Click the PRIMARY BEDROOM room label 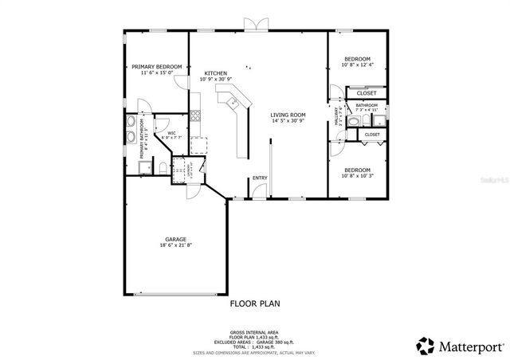coord(156,66)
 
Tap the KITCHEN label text coord(215,72)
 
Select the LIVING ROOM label coord(288,115)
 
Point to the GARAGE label coord(175,238)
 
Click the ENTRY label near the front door coord(260,178)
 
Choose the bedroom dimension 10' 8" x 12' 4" coord(357,65)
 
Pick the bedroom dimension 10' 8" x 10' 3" coord(357,176)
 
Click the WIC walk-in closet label coord(171,133)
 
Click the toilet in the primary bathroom coord(159,167)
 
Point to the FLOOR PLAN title coord(255,303)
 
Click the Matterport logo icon coord(426,346)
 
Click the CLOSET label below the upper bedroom coord(367,93)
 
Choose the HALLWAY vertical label coord(338,117)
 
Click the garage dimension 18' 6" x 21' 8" coord(175,245)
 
